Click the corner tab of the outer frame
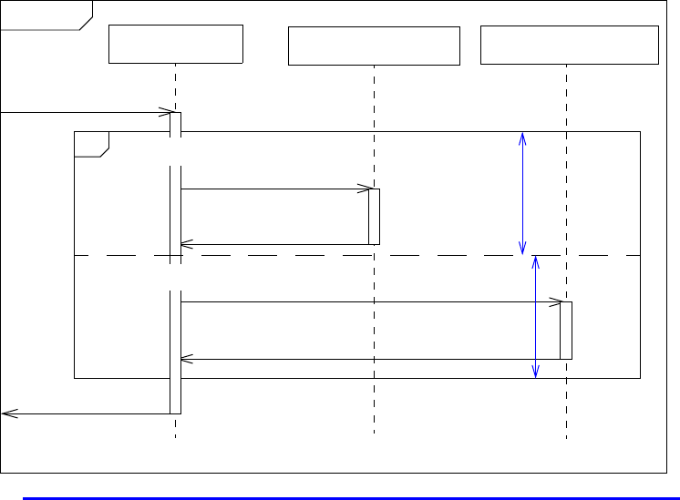pos(46,15)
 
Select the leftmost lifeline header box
pos(176,44)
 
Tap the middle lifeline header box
pos(374,46)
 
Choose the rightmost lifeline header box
pos(569,46)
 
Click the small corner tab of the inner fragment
pos(91,143)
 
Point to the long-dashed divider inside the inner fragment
pos(365,256)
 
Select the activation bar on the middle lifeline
pos(374,217)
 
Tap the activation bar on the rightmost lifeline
pos(566,330)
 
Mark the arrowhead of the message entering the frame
pos(166,113)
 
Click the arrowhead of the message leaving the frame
pos(7,413)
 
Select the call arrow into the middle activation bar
pos(273,189)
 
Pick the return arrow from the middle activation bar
pos(273,244)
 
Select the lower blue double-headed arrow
pos(535,316)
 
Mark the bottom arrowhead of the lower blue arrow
pos(535,372)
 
